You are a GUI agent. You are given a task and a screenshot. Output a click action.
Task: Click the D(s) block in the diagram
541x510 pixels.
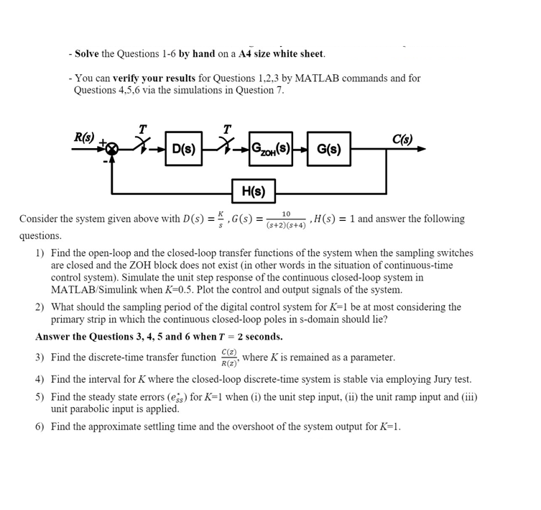[183, 149]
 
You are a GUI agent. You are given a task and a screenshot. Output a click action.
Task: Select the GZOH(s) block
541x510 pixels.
[270, 149]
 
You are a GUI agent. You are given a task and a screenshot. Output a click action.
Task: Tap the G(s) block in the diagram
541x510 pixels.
[329, 149]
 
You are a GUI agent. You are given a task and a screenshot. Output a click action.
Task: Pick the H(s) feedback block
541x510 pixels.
[253, 191]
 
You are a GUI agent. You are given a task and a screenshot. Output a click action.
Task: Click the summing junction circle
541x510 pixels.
[111, 149]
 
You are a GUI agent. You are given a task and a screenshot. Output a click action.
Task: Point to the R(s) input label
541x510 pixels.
[84, 137]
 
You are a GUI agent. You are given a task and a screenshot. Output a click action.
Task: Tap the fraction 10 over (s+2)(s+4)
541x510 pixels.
[285, 219]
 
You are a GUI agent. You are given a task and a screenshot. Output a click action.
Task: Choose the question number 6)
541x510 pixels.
[40, 427]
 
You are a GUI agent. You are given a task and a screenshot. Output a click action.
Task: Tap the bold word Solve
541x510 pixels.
[86, 54]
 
